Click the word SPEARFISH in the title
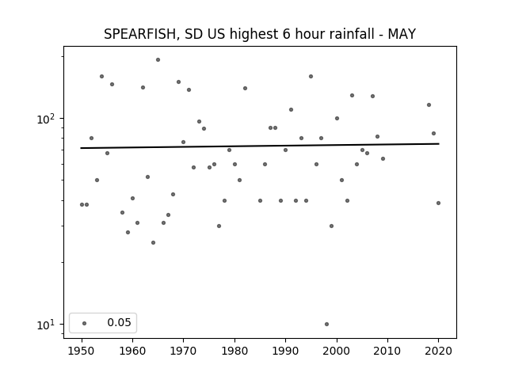click(140, 34)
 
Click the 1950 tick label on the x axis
click(82, 351)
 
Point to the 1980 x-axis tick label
click(234, 351)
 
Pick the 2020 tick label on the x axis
click(438, 351)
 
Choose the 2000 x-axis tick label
click(337, 351)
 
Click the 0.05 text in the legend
click(120, 322)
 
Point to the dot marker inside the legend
click(85, 323)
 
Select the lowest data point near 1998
click(326, 324)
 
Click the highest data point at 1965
click(158, 60)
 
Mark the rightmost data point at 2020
click(438, 203)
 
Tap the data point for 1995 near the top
click(311, 76)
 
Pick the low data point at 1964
click(153, 243)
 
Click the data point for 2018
click(429, 104)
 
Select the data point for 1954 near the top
click(101, 76)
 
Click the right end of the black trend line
click(439, 143)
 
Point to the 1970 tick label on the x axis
click(184, 351)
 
